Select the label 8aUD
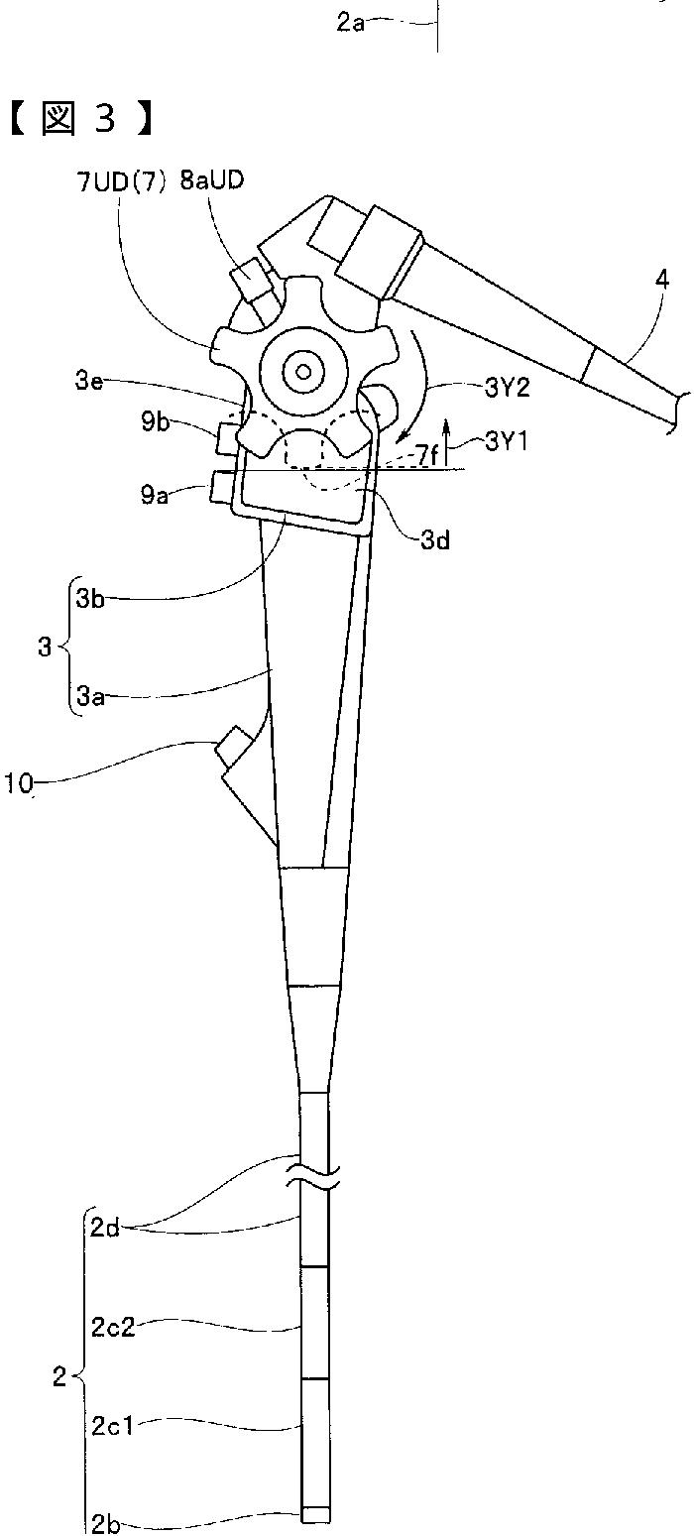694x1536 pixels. point(210,183)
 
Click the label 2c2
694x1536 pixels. point(114,1327)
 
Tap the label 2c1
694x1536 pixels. point(113,1426)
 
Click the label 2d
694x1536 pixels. point(105,1230)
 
